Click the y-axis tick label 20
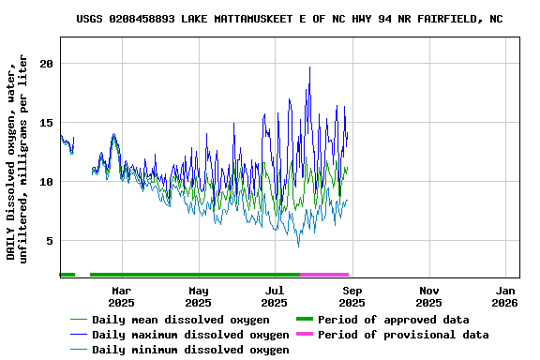46,64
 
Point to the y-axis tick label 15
46,123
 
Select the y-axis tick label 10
46,182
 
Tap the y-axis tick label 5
50,241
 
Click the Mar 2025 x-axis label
121,296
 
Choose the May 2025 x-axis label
198,296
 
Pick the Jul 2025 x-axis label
275,296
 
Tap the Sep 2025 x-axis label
352,296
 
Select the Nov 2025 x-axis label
428,296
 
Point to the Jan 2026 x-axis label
504,296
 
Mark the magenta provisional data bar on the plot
324,275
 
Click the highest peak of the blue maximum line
309,67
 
